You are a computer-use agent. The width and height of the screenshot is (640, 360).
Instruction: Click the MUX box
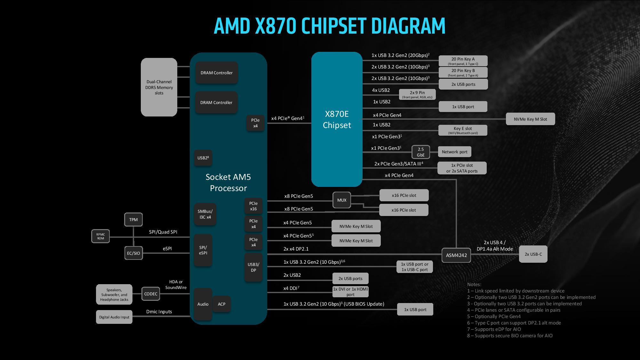tap(342, 200)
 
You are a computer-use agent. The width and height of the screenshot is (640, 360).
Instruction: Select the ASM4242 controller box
tap(456, 255)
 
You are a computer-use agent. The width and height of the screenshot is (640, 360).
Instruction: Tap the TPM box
tap(133, 220)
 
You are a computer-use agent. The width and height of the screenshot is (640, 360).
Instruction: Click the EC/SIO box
tap(133, 253)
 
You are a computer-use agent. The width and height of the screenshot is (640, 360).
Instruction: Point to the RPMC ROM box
tap(100, 236)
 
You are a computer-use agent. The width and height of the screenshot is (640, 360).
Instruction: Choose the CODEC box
tap(150, 294)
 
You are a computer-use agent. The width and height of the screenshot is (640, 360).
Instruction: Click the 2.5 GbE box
tap(420, 152)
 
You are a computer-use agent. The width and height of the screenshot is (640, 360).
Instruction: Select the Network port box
tap(454, 152)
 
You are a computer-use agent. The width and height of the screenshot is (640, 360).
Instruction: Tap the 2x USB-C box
tap(533, 254)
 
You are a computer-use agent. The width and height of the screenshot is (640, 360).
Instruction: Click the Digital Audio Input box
tap(114, 317)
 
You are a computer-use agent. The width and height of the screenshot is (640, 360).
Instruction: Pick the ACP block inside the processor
tap(221, 304)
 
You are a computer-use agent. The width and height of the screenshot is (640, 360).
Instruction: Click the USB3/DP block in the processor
tap(253, 267)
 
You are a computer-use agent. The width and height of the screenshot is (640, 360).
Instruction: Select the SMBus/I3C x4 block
tap(205, 214)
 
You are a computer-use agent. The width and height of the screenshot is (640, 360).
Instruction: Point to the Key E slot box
tap(463, 130)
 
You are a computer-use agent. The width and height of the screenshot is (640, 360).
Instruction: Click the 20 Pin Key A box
tap(463, 61)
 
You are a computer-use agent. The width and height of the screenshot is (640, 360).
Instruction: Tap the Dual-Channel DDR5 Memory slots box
tap(159, 87)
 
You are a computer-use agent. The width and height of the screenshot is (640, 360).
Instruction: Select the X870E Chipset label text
tap(337, 119)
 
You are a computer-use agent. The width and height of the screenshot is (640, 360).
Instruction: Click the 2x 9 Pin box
tap(417, 94)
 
